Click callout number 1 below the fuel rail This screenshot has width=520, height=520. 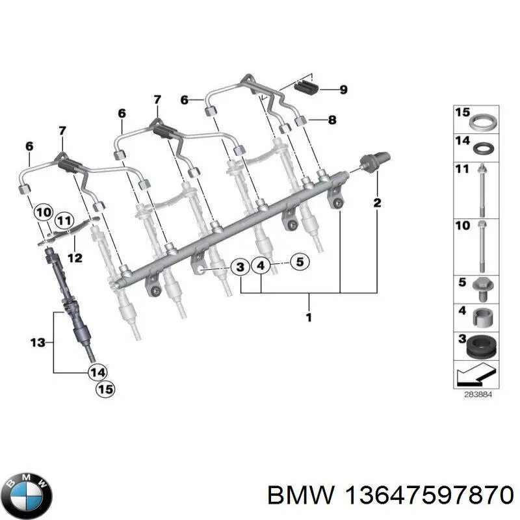309,318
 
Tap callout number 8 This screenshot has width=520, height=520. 332,120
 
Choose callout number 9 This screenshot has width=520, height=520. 343,90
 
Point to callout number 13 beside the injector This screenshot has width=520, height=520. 39,342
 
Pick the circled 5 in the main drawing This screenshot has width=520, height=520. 300,263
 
